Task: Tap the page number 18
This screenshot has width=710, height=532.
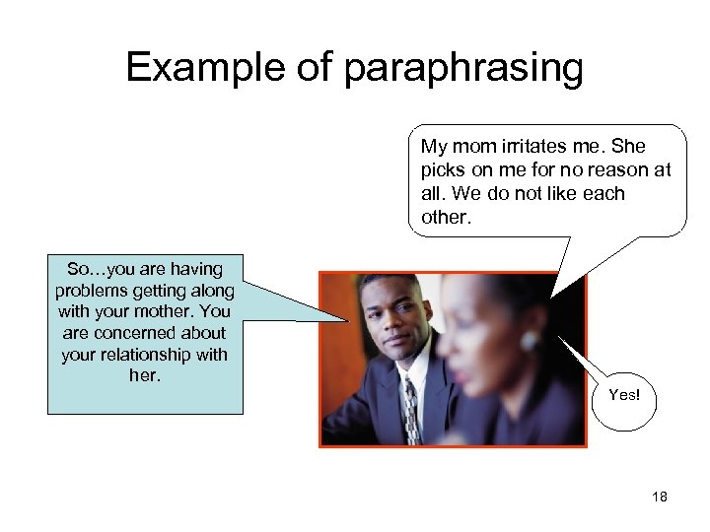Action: (660, 497)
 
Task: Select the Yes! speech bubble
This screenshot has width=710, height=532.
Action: (624, 395)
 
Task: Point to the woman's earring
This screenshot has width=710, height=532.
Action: (530, 341)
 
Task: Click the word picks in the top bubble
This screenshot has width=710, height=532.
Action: (441, 170)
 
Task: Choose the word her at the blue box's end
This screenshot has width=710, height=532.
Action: (144, 376)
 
